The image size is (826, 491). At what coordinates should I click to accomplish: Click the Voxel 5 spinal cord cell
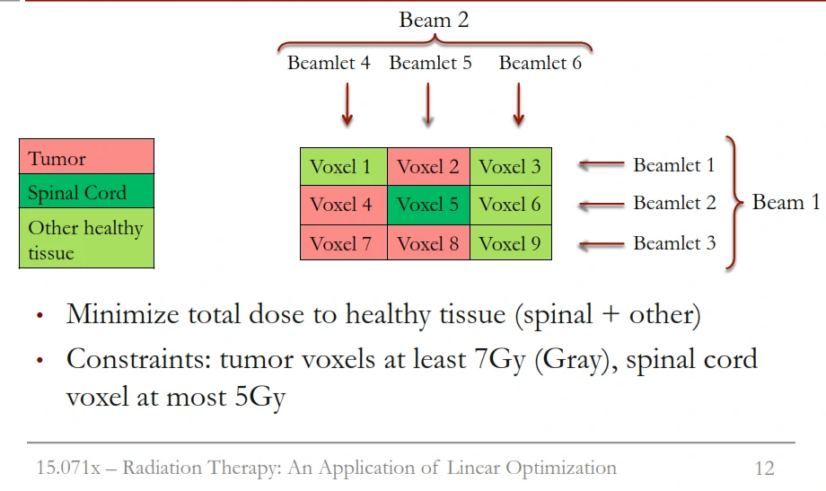(428, 205)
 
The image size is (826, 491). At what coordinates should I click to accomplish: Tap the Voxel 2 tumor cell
(428, 166)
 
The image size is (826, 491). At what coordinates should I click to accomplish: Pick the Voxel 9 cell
(510, 243)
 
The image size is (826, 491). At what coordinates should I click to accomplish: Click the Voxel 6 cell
(510, 205)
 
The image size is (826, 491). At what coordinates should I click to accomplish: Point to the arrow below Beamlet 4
(347, 106)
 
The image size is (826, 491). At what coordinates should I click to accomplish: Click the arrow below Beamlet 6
(518, 106)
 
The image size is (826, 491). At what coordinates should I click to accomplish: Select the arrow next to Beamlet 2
(601, 205)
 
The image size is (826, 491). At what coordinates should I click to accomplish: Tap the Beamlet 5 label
(430, 64)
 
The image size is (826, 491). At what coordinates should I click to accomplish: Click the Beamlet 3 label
(674, 243)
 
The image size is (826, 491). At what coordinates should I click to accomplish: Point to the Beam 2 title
(434, 20)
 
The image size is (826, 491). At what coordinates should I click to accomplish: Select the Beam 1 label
(786, 203)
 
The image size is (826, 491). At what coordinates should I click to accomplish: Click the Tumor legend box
(86, 157)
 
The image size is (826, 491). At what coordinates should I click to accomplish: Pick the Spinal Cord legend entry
(86, 192)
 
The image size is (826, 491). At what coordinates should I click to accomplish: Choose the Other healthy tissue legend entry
(86, 239)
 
